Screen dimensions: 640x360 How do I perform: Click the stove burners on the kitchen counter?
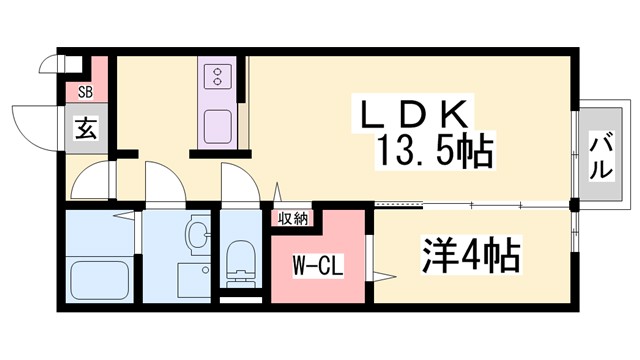pyautogui.click(x=216, y=77)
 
